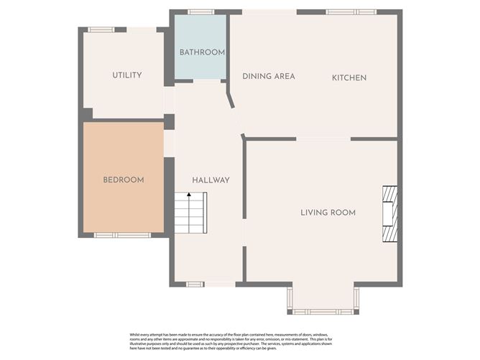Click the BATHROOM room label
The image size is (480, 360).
[202, 52]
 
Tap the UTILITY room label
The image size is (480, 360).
[126, 75]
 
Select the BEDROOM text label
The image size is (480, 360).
[123, 180]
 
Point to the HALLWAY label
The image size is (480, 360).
[211, 180]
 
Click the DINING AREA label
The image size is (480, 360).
[269, 77]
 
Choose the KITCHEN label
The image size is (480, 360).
[349, 78]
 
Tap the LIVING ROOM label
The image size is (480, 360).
[328, 213]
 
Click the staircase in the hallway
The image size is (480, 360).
[190, 213]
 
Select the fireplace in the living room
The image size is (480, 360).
[389, 214]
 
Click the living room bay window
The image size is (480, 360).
[322, 311]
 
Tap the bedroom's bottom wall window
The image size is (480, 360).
[123, 235]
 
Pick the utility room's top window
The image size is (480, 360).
[101, 29]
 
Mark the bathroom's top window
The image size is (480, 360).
[201, 11]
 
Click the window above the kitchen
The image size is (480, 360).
[351, 11]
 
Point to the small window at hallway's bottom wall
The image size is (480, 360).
[195, 285]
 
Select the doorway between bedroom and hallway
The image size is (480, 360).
[170, 143]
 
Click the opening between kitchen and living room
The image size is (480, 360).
[323, 139]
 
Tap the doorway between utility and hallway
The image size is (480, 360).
[170, 100]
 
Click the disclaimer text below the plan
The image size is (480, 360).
[240, 342]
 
